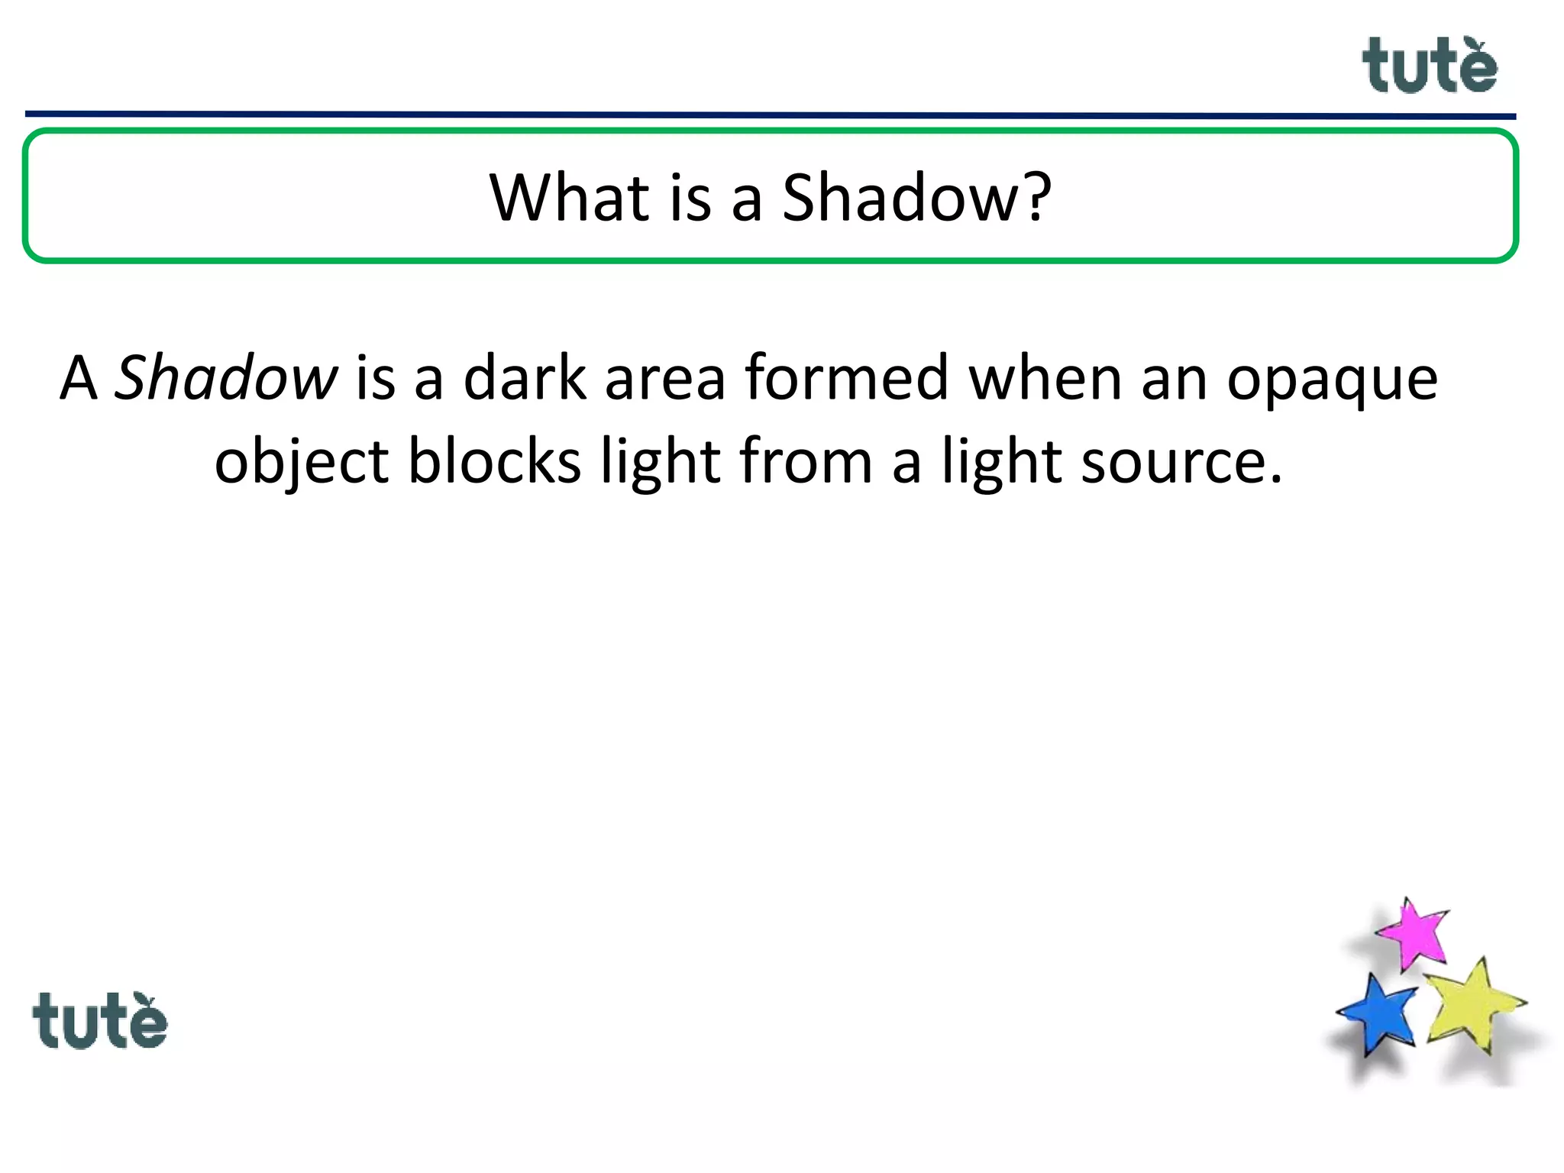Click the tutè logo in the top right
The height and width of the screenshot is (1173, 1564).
[1429, 67]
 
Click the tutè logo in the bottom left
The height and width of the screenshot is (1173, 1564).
[99, 1022]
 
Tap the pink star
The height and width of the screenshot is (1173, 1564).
[1414, 933]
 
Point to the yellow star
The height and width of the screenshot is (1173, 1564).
[1473, 1007]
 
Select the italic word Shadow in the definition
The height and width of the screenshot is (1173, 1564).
[225, 377]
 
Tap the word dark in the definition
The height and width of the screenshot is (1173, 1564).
[525, 377]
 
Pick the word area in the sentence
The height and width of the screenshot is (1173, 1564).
[664, 377]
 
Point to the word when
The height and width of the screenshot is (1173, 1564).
[1045, 377]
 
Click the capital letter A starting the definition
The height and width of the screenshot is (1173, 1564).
[79, 377]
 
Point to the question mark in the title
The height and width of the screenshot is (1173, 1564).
[1036, 197]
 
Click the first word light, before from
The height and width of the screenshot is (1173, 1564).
[661, 463]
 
